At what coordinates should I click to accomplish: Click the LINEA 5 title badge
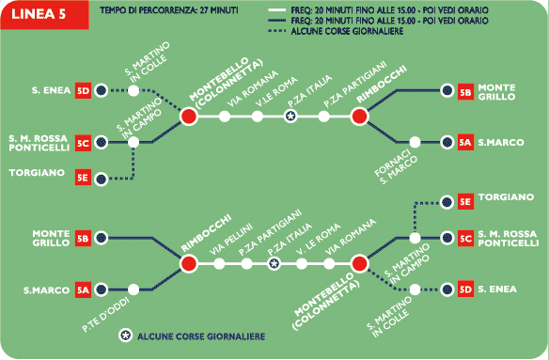pyautogui.click(x=44, y=15)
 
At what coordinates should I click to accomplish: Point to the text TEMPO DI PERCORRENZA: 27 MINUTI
pyautogui.click(x=169, y=10)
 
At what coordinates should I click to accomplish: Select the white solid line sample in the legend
pyautogui.click(x=276, y=10)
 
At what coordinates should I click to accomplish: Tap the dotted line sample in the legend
pyautogui.click(x=276, y=31)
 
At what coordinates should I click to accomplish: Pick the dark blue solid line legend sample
pyautogui.click(x=276, y=21)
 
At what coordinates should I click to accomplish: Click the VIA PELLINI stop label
pyautogui.click(x=231, y=240)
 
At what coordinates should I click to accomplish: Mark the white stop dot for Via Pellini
pyautogui.click(x=219, y=264)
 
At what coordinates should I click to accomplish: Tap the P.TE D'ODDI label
pyautogui.click(x=105, y=315)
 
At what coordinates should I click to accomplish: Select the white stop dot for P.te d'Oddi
pyautogui.click(x=133, y=290)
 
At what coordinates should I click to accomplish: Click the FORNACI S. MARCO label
pyautogui.click(x=396, y=166)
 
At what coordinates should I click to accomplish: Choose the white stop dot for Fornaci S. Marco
pyautogui.click(x=415, y=142)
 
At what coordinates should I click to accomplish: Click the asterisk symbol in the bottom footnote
pyautogui.click(x=126, y=336)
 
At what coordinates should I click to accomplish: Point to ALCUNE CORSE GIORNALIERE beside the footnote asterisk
pyautogui.click(x=201, y=337)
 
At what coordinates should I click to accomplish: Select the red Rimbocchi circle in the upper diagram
pyautogui.click(x=360, y=117)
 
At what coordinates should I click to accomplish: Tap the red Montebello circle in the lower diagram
pyautogui.click(x=359, y=264)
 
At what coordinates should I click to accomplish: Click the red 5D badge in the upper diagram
pyautogui.click(x=83, y=90)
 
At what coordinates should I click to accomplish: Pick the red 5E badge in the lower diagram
pyautogui.click(x=465, y=202)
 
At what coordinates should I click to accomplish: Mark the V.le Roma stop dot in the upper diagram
pyautogui.click(x=258, y=117)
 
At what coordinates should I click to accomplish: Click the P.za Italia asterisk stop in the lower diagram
pyautogui.click(x=274, y=264)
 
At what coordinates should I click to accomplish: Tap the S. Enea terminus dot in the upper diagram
pyautogui.click(x=102, y=90)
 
